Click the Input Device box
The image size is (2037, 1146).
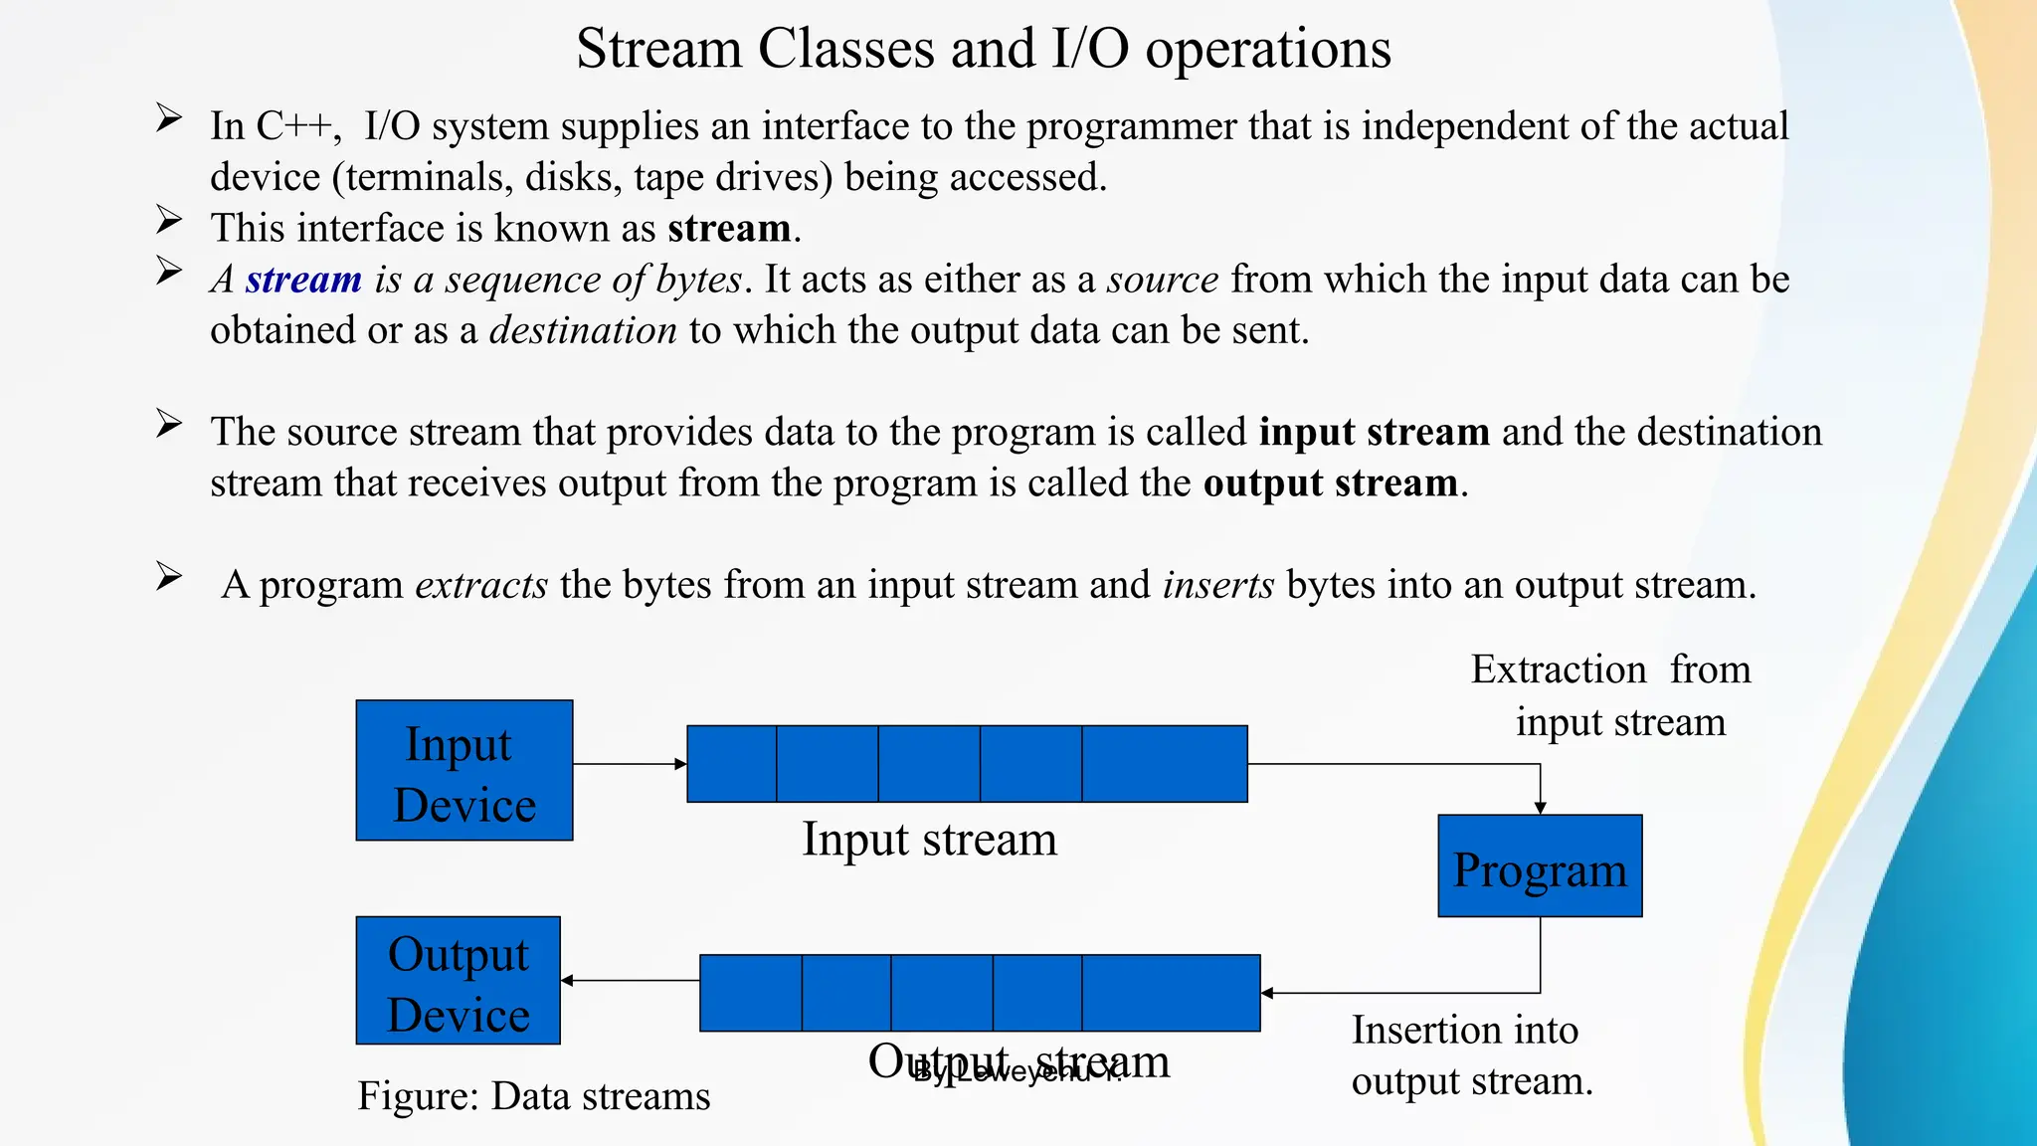[464, 771]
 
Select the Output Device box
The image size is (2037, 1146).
[459, 981]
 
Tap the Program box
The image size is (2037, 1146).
[1540, 866]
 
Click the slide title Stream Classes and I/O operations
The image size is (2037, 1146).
[983, 48]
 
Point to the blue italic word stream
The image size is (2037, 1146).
[303, 280]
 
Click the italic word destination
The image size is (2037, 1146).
[583, 330]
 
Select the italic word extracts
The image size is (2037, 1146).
[481, 585]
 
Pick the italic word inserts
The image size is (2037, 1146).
[1218, 585]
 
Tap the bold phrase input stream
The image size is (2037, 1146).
[1374, 432]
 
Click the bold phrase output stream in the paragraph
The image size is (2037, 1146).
[1331, 483]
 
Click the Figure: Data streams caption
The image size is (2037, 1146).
[534, 1096]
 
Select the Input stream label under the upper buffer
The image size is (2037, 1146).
[929, 839]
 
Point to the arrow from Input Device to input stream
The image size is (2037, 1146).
[630, 764]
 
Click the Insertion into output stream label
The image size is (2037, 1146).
[1470, 1055]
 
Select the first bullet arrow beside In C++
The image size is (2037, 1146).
[169, 119]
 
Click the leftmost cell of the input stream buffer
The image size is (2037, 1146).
[732, 764]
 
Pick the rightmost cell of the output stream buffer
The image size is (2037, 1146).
[1171, 993]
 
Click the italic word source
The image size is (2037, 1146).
[1163, 280]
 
